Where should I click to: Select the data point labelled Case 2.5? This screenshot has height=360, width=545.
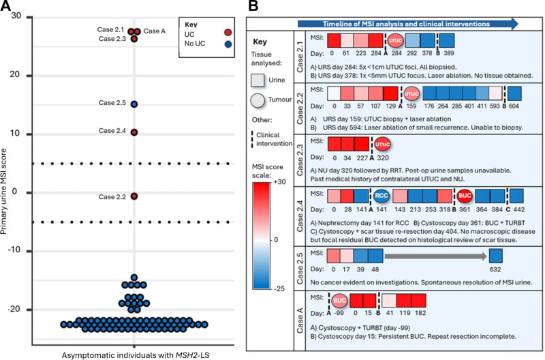pyautogui.click(x=134, y=104)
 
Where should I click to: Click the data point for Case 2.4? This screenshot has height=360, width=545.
pyautogui.click(x=134, y=132)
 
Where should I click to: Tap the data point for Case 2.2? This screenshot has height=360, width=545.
pyautogui.click(x=134, y=196)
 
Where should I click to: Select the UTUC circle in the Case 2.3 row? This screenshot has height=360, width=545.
pyautogui.click(x=382, y=145)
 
